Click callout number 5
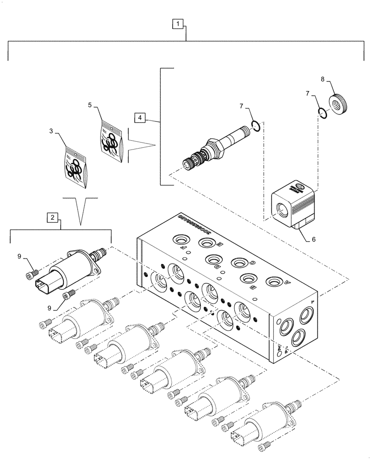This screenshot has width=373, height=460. pos(90,105)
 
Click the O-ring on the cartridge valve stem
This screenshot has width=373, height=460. pos(256,126)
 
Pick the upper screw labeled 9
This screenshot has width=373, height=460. pos(32,274)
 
